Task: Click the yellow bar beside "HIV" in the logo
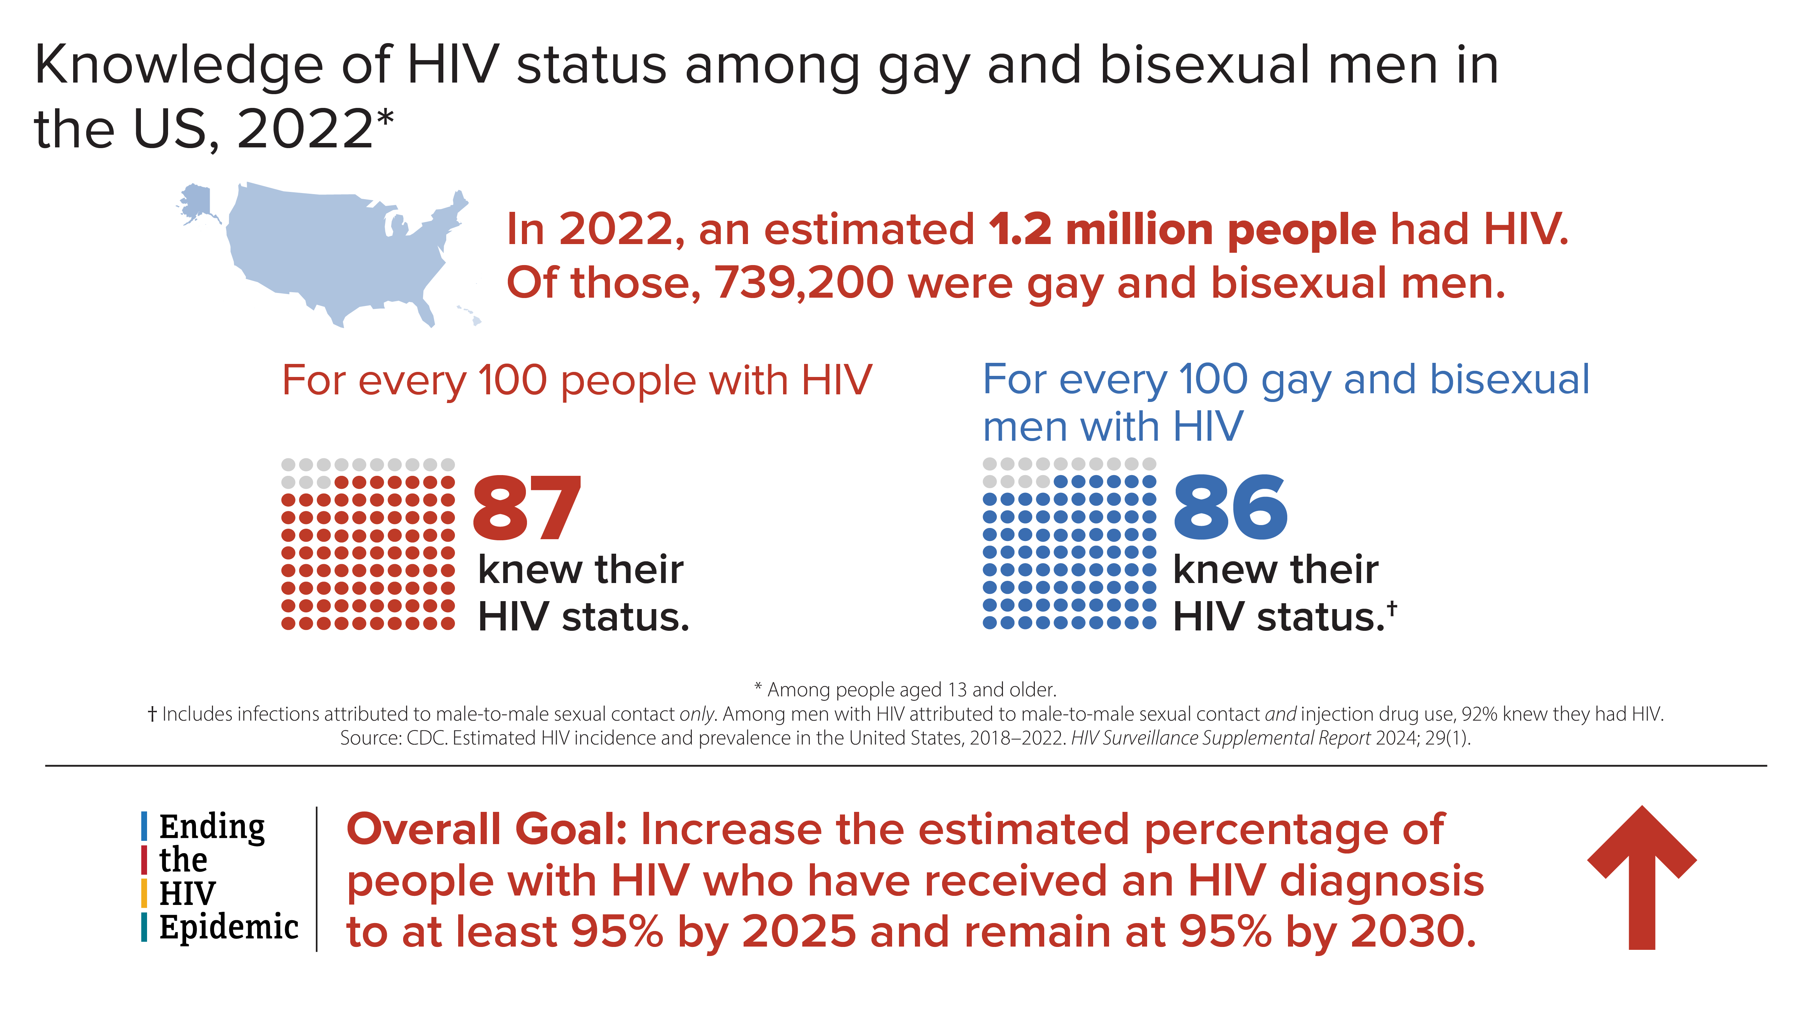[x=144, y=893]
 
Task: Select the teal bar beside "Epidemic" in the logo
[x=144, y=927]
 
